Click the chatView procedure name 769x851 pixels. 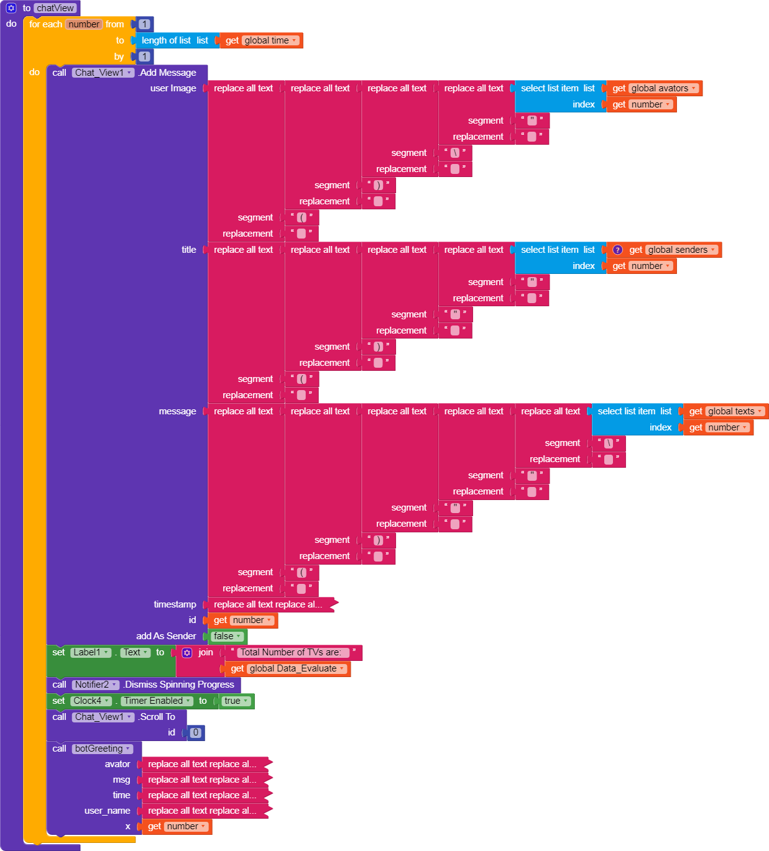pyautogui.click(x=55, y=8)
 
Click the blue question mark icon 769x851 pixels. pyautogui.click(x=617, y=250)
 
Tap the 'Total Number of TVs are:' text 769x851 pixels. pyautogui.click(x=291, y=652)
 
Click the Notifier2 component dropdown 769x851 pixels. pyautogui.click(x=96, y=685)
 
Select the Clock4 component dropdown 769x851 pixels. pyautogui.click(x=91, y=701)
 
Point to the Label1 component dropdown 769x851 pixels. pyautogui.click(x=91, y=652)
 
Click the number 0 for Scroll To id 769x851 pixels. pyautogui.click(x=196, y=732)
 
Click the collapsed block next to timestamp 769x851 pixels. pyautogui.click(x=269, y=604)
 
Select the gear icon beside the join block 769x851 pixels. pyautogui.click(x=187, y=652)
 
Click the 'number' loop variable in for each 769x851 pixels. pyautogui.click(x=84, y=24)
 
